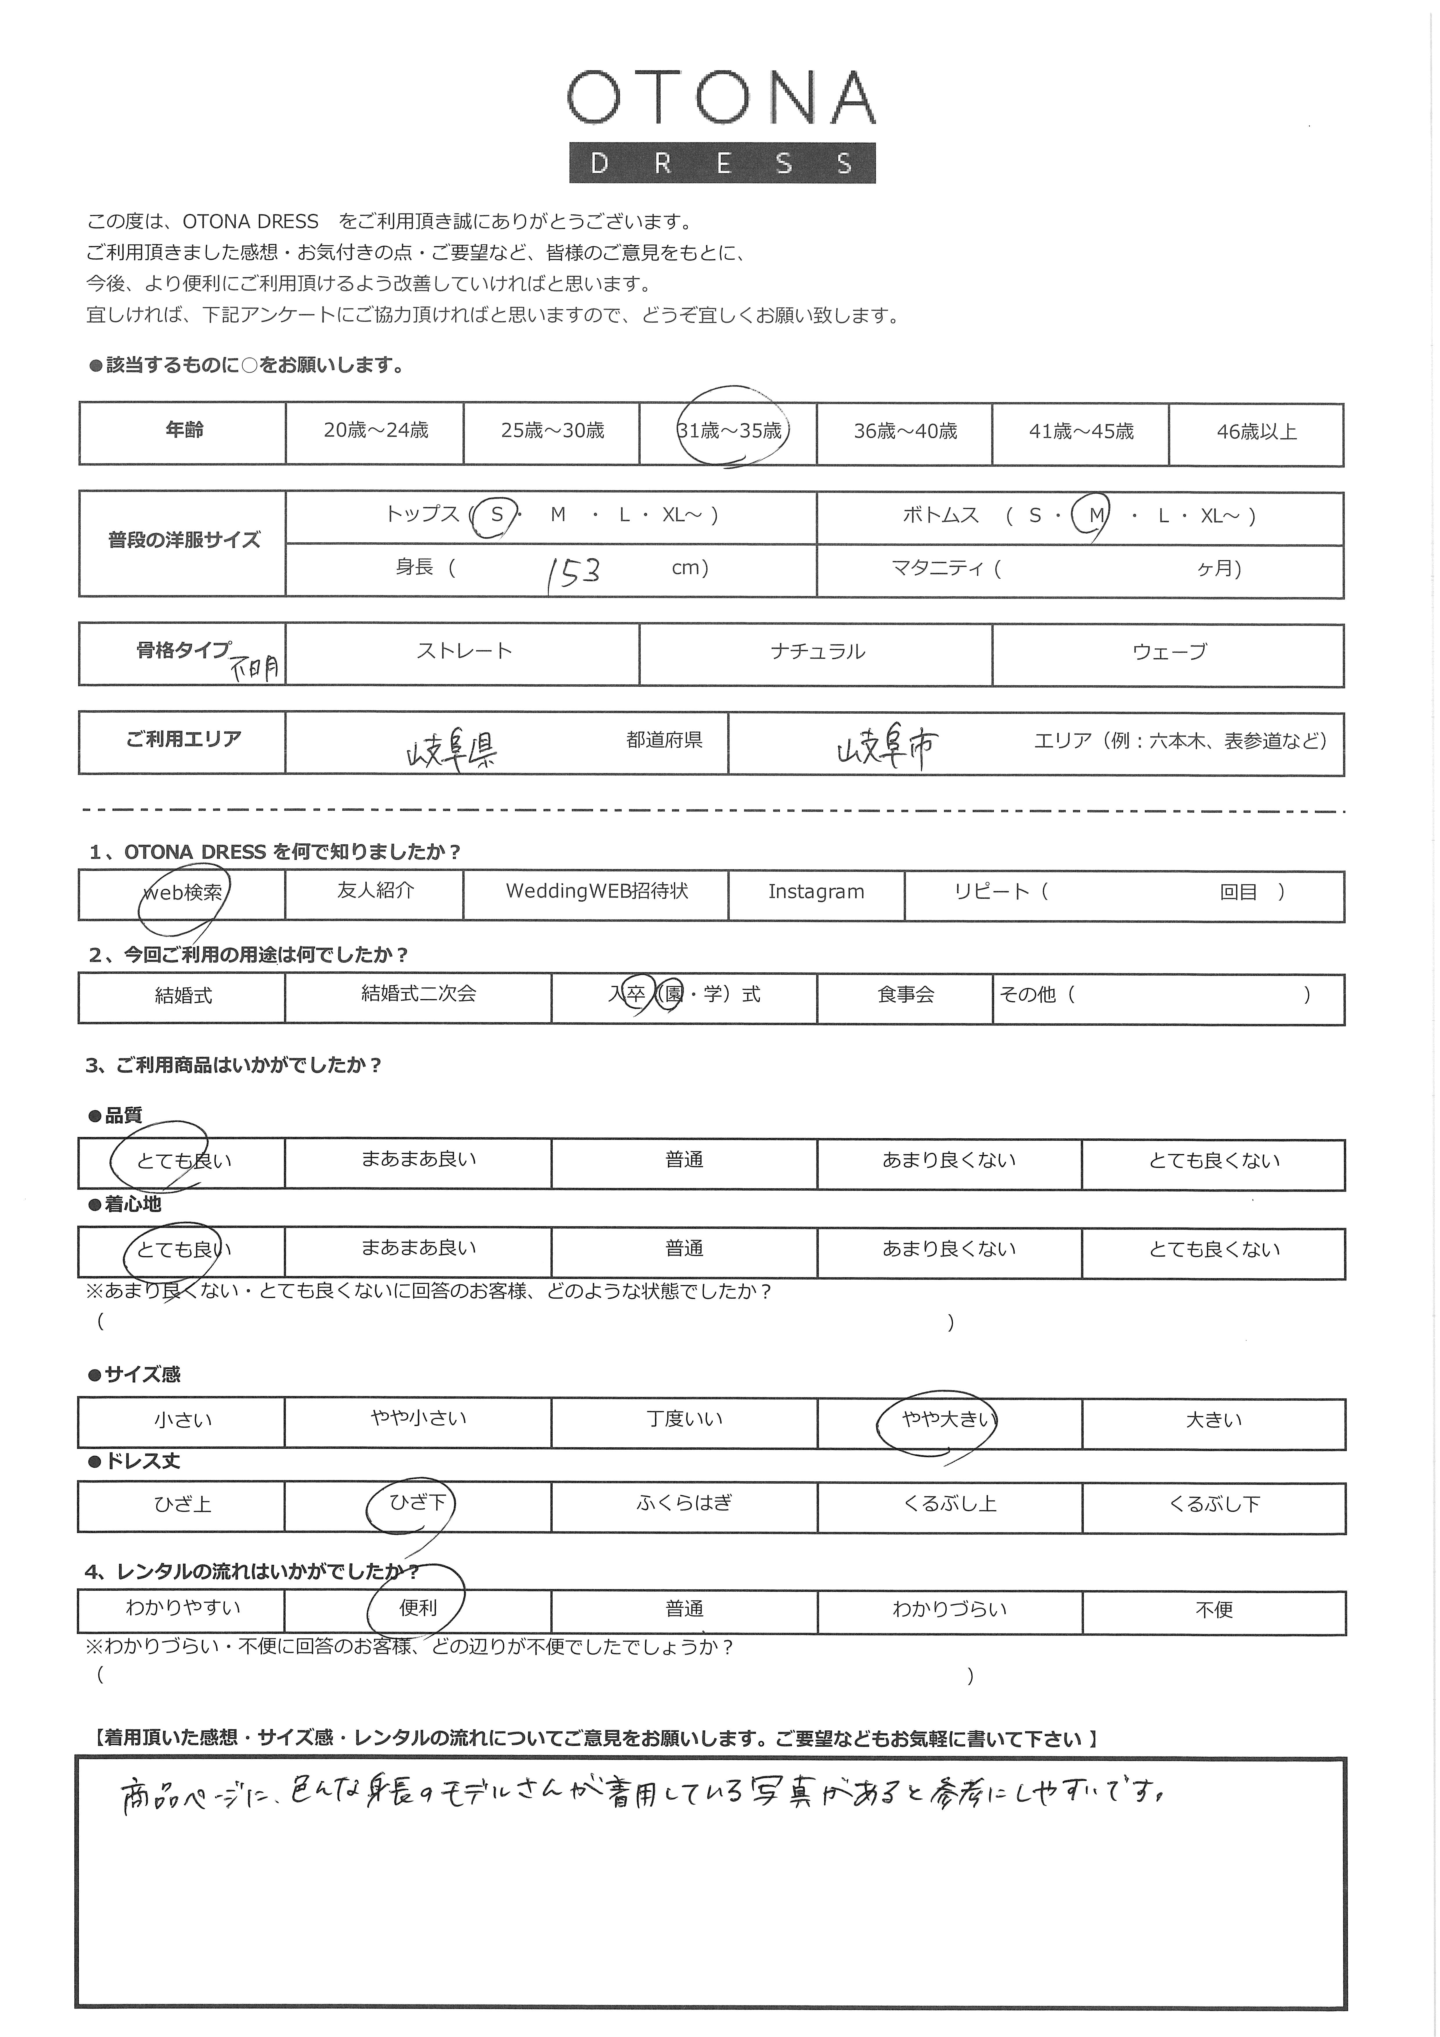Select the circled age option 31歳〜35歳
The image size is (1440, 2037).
[x=729, y=431]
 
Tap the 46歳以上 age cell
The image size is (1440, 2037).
[x=1256, y=432]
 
